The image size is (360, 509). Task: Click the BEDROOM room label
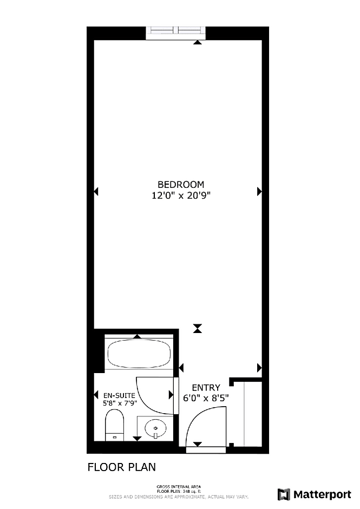pyautogui.click(x=181, y=185)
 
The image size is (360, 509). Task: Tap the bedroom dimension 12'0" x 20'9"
pyautogui.click(x=181, y=195)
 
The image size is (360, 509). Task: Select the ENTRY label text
pyautogui.click(x=206, y=388)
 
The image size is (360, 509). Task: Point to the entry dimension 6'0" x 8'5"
pyautogui.click(x=206, y=398)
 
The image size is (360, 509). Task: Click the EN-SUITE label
pyautogui.click(x=119, y=395)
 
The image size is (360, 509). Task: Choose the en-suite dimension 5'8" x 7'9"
pyautogui.click(x=120, y=403)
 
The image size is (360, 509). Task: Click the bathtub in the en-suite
pyautogui.click(x=139, y=354)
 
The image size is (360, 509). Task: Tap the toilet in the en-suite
pyautogui.click(x=115, y=425)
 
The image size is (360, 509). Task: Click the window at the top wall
pyautogui.click(x=175, y=33)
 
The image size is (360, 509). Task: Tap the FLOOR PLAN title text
pyautogui.click(x=122, y=467)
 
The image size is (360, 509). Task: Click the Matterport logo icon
pyautogui.click(x=284, y=494)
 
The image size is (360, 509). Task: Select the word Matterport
pyautogui.click(x=322, y=495)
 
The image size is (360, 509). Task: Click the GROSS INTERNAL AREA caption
pyautogui.click(x=179, y=486)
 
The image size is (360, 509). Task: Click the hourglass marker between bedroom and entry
pyautogui.click(x=198, y=329)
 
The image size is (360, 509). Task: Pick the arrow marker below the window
pyautogui.click(x=198, y=42)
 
